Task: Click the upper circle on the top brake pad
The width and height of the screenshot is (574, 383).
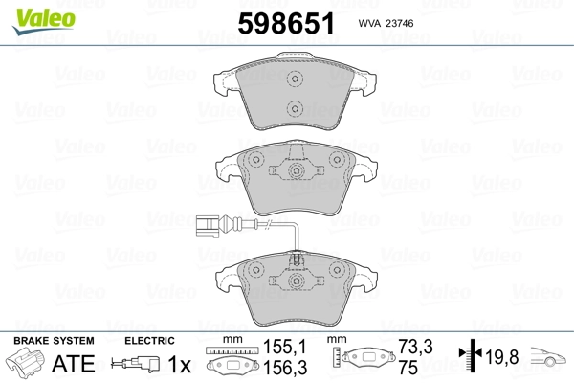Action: pos(296,80)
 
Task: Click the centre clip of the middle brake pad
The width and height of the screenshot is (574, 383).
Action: pos(296,172)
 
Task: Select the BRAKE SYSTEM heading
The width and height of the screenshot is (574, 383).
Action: pos(54,341)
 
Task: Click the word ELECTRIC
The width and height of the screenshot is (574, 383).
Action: pos(149,341)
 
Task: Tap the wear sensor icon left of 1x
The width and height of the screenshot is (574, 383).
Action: pos(136,365)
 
